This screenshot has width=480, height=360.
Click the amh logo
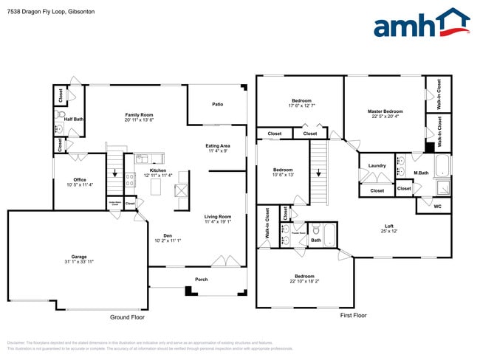click(x=422, y=24)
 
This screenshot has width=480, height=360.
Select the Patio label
click(x=218, y=104)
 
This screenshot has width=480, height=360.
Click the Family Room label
click(x=138, y=115)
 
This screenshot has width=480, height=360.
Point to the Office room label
click(x=80, y=179)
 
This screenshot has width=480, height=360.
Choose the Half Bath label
click(x=74, y=119)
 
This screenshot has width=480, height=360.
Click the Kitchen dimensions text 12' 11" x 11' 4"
click(x=157, y=176)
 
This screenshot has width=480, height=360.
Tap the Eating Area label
click(x=217, y=146)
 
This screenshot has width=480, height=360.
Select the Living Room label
click(x=218, y=216)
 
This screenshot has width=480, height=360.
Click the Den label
click(x=168, y=235)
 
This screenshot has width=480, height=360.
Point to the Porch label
click(x=201, y=279)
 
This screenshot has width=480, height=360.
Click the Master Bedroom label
click(x=385, y=111)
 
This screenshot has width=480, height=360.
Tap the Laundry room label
click(x=377, y=165)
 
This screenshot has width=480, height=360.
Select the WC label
click(x=437, y=206)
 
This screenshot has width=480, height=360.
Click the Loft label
click(x=388, y=226)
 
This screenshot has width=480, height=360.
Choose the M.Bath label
click(x=421, y=173)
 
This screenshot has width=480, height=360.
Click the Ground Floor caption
click(x=127, y=316)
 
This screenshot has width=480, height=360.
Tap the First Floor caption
click(x=353, y=315)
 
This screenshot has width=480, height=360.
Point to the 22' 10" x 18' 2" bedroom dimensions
click(x=301, y=282)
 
